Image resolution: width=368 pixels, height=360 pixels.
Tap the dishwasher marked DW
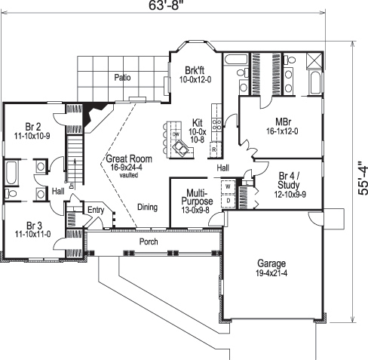[175, 134]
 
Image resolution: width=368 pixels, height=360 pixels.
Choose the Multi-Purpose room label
[189, 198]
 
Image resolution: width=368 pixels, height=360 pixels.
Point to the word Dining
[147, 206]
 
